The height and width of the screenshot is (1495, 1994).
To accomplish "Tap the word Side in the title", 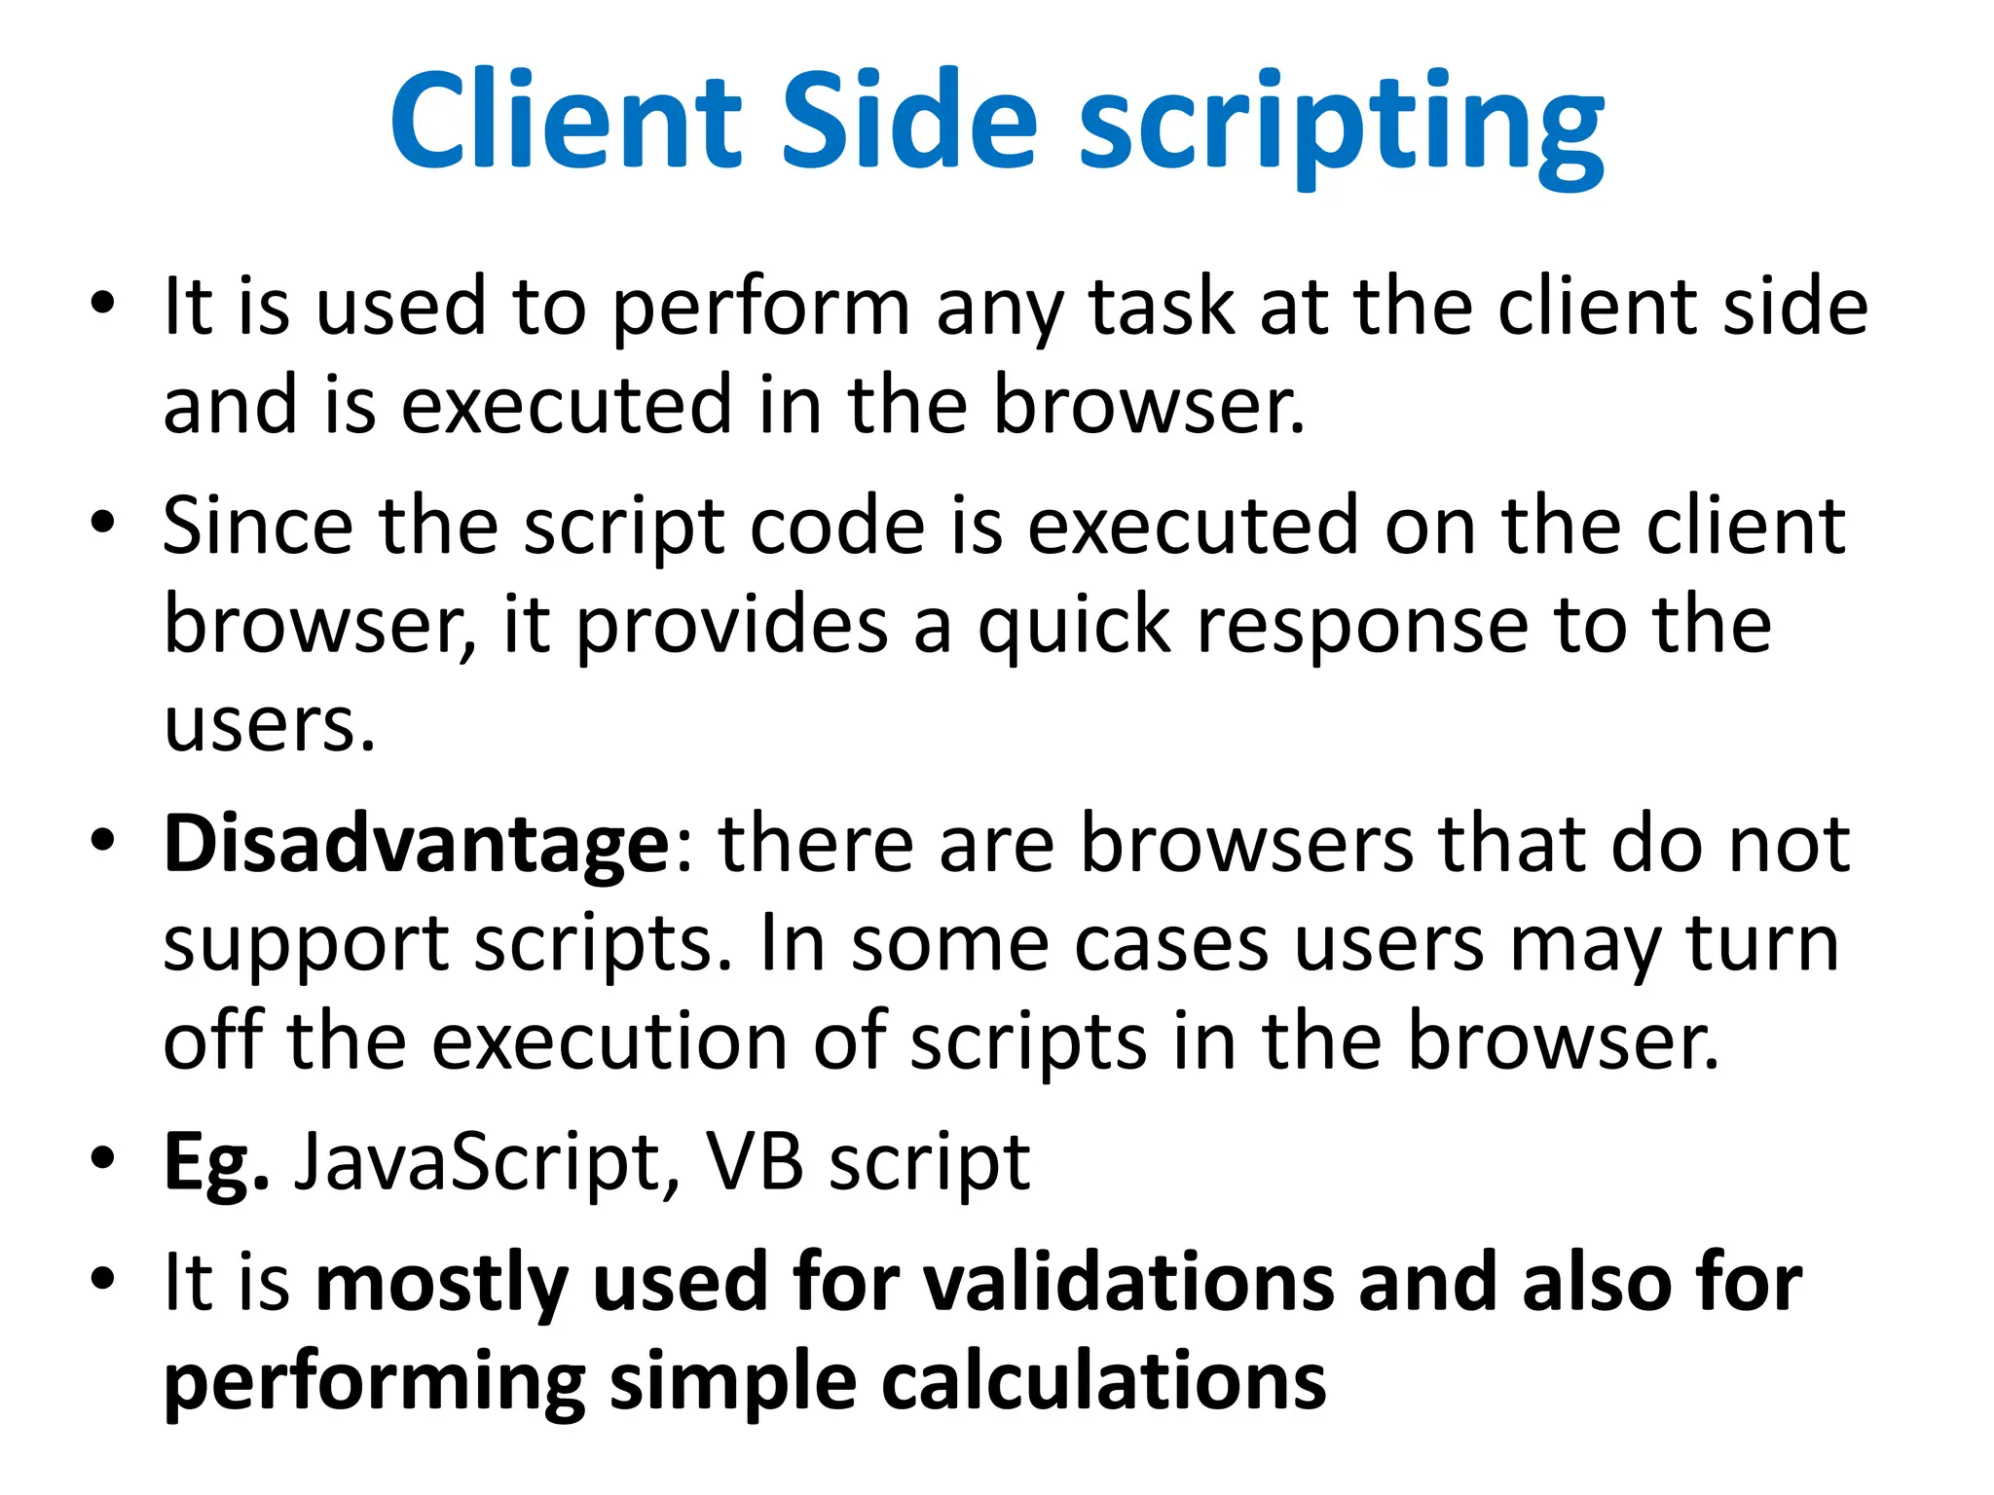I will (x=910, y=122).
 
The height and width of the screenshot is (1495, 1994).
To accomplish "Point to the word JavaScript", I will (x=477, y=1162).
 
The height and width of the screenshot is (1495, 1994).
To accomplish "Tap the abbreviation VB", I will (x=754, y=1162).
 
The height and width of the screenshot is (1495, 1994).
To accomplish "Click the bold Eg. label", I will (x=215, y=1164).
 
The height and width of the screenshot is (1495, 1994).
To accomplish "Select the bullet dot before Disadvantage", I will (x=103, y=839).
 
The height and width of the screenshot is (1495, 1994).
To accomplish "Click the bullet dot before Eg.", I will (x=103, y=1157).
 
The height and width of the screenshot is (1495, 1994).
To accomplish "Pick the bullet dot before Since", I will (x=103, y=522).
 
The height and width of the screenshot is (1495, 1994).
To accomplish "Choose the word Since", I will (x=257, y=527).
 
